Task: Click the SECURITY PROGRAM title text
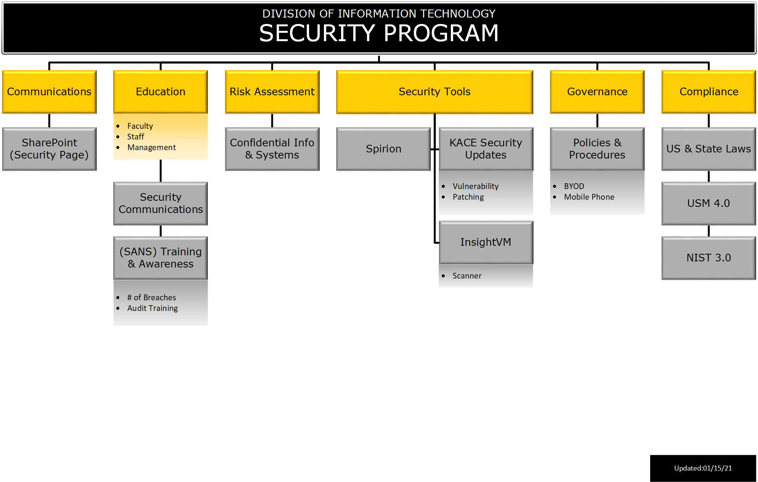pyautogui.click(x=379, y=33)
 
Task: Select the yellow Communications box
pyautogui.click(x=49, y=92)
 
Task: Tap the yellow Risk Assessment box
pyautogui.click(x=272, y=92)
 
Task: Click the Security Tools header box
pyautogui.click(x=434, y=92)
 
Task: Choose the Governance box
pyautogui.click(x=597, y=92)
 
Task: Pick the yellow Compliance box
pyautogui.click(x=709, y=92)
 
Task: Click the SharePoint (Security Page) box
pyautogui.click(x=49, y=149)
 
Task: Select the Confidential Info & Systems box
pyautogui.click(x=272, y=149)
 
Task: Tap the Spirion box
pyautogui.click(x=383, y=149)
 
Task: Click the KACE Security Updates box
pyautogui.click(x=486, y=149)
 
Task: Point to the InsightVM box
pyautogui.click(x=486, y=242)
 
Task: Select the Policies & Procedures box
pyautogui.click(x=597, y=149)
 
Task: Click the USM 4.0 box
pyautogui.click(x=709, y=203)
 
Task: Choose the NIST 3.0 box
pyautogui.click(x=709, y=258)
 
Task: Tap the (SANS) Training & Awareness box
pyautogui.click(x=160, y=258)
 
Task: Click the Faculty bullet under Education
pyautogui.click(x=140, y=126)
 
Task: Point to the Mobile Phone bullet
pyautogui.click(x=589, y=197)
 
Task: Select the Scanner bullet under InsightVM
pyautogui.click(x=467, y=276)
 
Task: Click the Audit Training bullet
pyautogui.click(x=152, y=308)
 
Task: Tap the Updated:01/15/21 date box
pyautogui.click(x=703, y=468)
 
